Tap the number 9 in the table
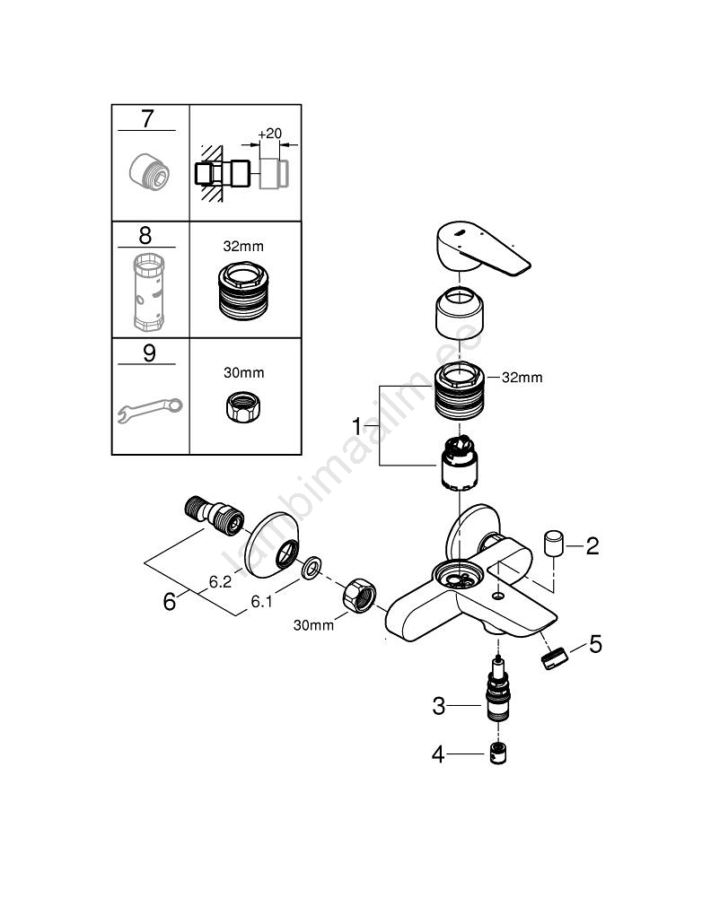[148, 352]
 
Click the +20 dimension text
[268, 134]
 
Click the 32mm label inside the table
[243, 244]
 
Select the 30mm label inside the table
[243, 371]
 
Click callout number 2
[592, 544]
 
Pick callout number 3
[438, 706]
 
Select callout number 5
[594, 644]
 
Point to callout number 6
[170, 601]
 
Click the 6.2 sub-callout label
[221, 582]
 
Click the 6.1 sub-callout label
[261, 602]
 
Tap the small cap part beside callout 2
[553, 544]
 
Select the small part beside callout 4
[500, 754]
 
